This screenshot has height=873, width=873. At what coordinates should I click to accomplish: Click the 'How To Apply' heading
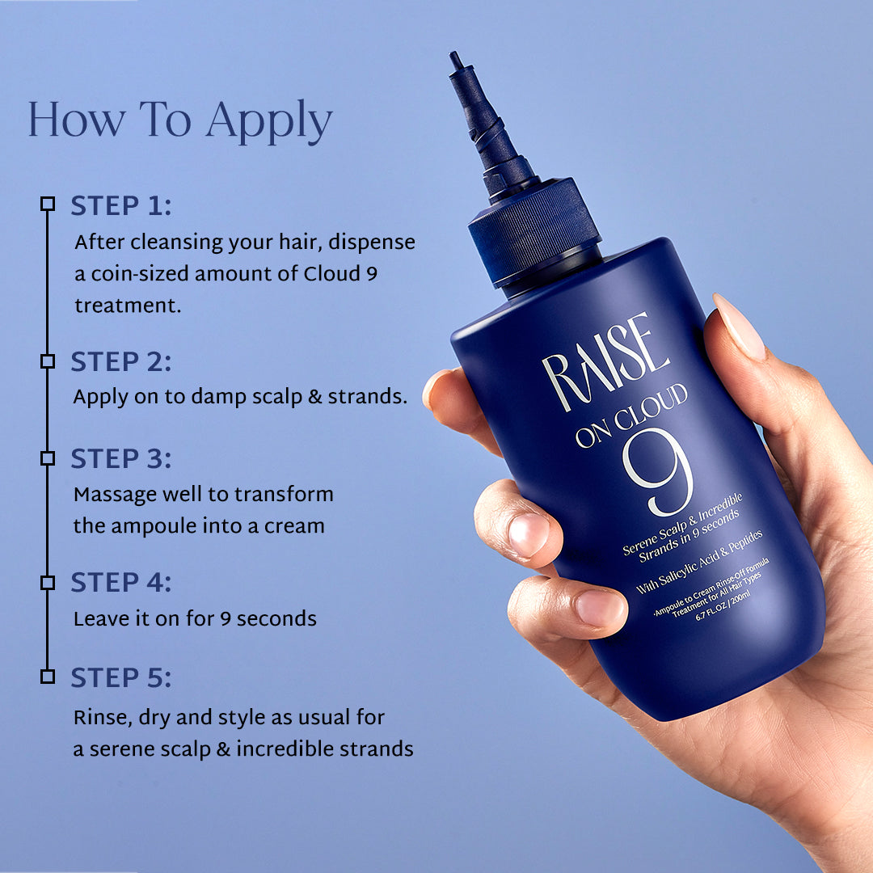179,121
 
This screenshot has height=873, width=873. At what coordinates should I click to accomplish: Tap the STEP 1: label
120,206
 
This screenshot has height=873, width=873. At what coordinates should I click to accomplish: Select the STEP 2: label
120,362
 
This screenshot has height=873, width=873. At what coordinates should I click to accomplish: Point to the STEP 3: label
120,459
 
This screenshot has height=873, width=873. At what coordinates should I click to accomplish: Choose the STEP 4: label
120,583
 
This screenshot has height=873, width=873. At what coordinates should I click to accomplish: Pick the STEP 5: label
120,678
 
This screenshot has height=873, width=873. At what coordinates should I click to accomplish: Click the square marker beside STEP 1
48,204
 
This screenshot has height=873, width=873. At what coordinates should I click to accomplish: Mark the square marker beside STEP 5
48,676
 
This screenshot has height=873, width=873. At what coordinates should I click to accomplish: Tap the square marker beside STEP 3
48,458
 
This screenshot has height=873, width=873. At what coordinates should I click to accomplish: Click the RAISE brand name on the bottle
606,362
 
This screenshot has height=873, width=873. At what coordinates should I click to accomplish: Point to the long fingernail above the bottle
740,327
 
